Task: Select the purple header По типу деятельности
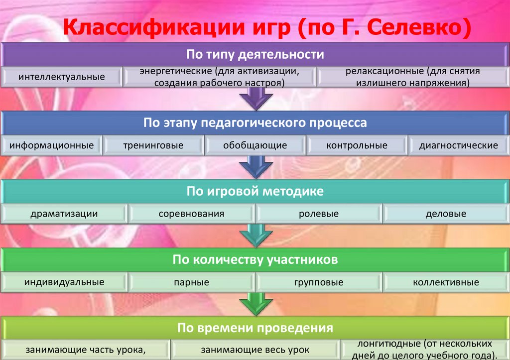[x=255, y=54]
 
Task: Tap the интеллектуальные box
[x=62, y=77]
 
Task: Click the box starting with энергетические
[x=220, y=77]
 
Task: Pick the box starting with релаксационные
[x=413, y=77]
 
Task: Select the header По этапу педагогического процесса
[x=255, y=122]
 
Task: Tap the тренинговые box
[x=153, y=146]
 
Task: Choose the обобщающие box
[x=255, y=146]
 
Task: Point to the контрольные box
[x=357, y=146]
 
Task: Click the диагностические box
[x=458, y=146]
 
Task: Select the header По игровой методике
[x=255, y=191]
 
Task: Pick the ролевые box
[x=319, y=214]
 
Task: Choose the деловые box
[x=446, y=214]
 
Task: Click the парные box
[x=191, y=283]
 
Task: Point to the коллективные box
[x=446, y=283]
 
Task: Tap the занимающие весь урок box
[x=255, y=350]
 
